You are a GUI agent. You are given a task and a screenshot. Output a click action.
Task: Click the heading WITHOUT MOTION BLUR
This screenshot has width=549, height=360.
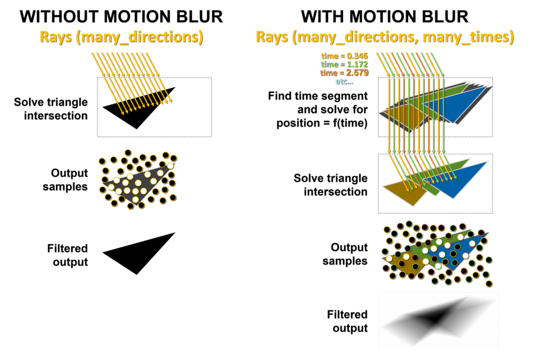coord(121,17)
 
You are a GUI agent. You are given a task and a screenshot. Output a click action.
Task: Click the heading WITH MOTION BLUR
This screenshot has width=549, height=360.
coord(384,17)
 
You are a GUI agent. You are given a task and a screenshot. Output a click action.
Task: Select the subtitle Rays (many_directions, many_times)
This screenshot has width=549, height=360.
coord(385,37)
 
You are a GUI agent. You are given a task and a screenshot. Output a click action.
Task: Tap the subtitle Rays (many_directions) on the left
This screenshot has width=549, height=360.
coord(121,37)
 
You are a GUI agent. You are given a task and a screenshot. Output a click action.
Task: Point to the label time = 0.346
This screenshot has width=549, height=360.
coord(345,56)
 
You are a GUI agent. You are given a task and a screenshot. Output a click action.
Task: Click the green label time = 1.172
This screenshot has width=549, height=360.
coord(345,64)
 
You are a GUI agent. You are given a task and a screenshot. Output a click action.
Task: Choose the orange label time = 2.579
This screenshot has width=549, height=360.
coord(345,73)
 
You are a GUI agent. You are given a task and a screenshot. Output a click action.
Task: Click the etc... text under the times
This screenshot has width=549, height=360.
coord(345,81)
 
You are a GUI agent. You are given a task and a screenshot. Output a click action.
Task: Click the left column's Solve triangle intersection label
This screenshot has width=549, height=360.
coord(51,109)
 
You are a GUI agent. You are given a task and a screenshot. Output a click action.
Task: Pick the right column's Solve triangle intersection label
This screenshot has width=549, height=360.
coord(330,185)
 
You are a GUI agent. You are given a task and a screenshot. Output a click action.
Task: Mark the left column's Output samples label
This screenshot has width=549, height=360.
coord(65,179)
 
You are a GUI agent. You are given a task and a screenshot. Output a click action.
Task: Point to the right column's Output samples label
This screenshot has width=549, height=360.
coord(345,254)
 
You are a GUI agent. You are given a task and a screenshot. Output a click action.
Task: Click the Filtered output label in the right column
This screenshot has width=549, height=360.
coord(347,321)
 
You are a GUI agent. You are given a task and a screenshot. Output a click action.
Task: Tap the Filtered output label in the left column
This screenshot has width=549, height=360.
coord(68,255)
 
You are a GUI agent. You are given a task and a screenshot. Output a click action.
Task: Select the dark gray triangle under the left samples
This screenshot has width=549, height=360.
coord(138,184)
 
